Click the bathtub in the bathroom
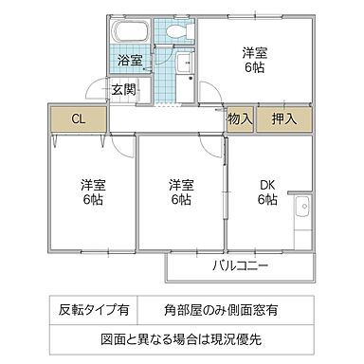pos(131,31)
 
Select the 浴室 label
pos(131,61)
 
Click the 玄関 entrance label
pos(122,91)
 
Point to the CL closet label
pos(79,119)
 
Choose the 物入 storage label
pos(240,119)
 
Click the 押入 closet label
pos(283,119)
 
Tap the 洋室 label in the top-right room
pos(253,53)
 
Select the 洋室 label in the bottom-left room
pos(92,184)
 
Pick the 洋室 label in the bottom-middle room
pos(181,184)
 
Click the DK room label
pos(266,184)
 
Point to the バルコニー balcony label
pos(240,264)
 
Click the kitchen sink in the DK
pos(303,207)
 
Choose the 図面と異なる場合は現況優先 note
pos(181,337)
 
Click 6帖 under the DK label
pos(266,200)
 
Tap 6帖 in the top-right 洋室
pos(253,69)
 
